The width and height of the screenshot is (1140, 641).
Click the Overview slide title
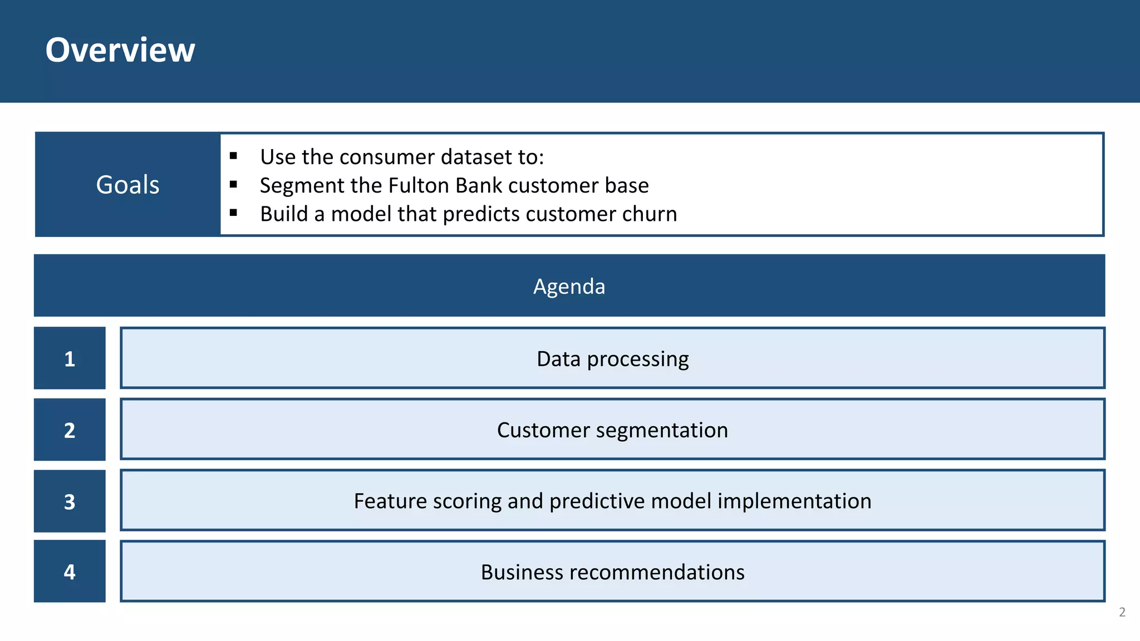(x=120, y=50)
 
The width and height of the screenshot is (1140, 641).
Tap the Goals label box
(x=127, y=185)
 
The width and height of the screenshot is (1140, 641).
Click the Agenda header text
(x=569, y=287)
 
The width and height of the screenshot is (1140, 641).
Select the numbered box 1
(x=70, y=358)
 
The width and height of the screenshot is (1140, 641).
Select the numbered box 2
(x=70, y=430)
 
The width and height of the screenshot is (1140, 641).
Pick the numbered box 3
(x=70, y=501)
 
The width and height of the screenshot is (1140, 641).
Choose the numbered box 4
(x=70, y=571)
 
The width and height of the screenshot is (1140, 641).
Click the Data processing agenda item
(x=612, y=359)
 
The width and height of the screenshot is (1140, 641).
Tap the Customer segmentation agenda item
(x=612, y=430)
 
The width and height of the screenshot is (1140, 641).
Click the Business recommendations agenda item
(x=612, y=572)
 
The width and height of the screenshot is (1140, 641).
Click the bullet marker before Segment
(x=233, y=184)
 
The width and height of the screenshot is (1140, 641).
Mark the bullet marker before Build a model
(x=233, y=213)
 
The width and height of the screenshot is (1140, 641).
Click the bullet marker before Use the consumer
(x=233, y=156)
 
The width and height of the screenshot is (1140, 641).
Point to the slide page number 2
(x=1122, y=612)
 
